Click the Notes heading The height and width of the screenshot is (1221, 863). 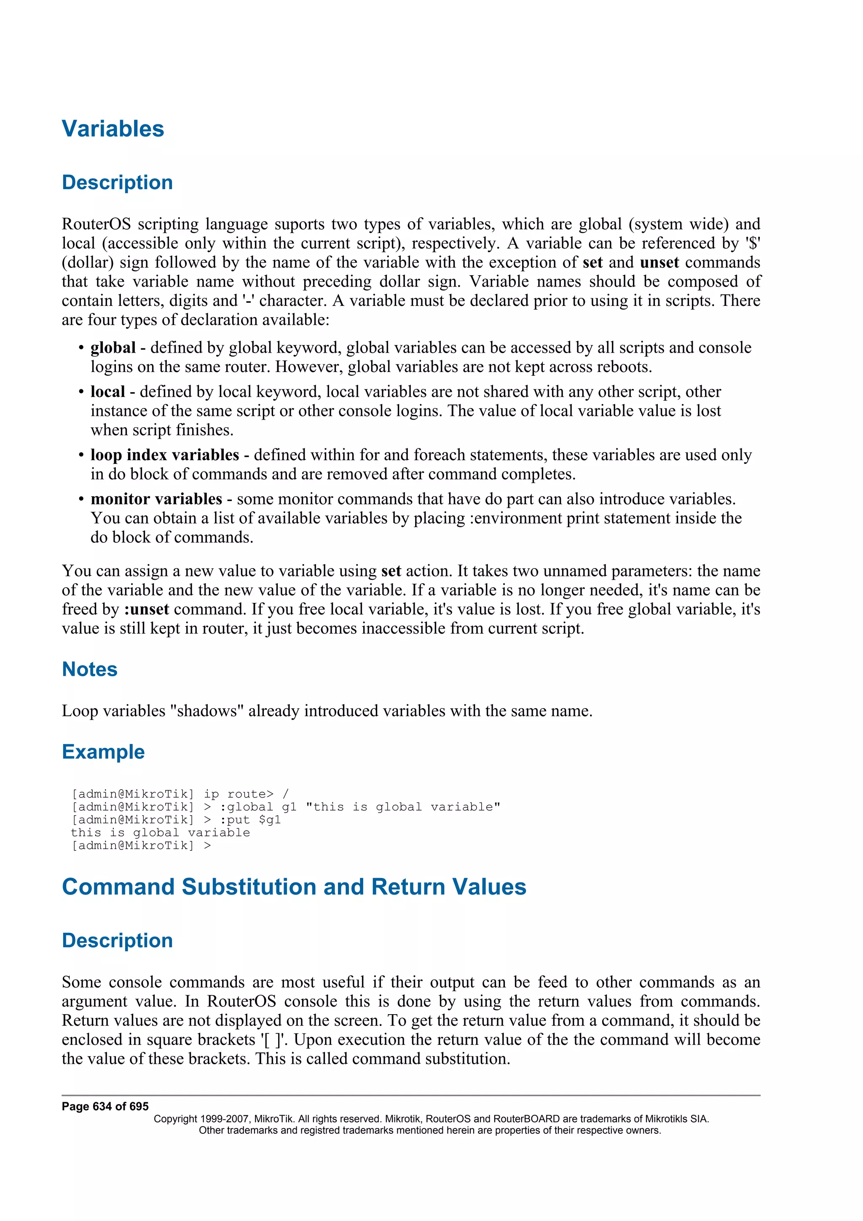89,669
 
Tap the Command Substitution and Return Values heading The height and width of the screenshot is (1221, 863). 294,887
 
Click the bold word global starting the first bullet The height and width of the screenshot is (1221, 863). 113,348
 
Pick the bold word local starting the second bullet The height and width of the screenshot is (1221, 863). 107,392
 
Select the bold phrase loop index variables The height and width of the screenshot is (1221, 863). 164,455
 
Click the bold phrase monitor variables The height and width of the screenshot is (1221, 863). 156,499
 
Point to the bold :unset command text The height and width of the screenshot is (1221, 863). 146,609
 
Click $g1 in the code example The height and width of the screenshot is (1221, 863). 270,819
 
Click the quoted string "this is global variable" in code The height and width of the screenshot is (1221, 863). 402,807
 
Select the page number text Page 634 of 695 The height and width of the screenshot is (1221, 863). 105,1107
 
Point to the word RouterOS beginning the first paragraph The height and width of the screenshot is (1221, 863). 96,224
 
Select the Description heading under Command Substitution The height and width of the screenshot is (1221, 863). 117,940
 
